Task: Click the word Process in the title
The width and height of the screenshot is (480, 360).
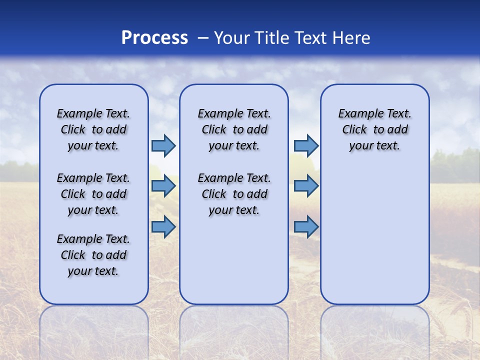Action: tap(154, 38)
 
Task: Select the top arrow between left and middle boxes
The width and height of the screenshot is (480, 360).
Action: tap(163, 146)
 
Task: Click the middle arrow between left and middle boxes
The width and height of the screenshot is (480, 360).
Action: tap(163, 186)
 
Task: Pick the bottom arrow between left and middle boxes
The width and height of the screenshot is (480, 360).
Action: tap(163, 227)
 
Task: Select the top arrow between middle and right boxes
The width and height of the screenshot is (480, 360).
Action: tap(306, 146)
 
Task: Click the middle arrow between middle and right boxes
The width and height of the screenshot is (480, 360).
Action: tap(306, 186)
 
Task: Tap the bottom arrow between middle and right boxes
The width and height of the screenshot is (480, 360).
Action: tap(306, 227)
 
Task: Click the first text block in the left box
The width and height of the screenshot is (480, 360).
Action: tap(93, 129)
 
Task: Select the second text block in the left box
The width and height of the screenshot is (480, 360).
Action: tap(93, 194)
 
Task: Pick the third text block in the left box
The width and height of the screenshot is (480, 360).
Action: tap(93, 255)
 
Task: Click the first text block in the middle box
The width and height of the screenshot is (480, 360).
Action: tap(234, 129)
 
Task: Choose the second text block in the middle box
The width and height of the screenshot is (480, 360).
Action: tap(234, 194)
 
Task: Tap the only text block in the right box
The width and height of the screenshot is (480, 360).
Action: tap(375, 129)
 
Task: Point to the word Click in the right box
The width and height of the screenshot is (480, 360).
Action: tap(354, 130)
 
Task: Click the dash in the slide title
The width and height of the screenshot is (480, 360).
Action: tap(203, 38)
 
